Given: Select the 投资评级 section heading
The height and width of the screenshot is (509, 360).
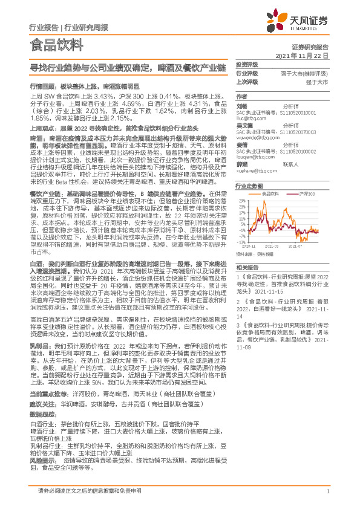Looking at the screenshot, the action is tap(246, 65).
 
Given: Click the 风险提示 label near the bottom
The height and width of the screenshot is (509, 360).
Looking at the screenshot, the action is tap(39, 475).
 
